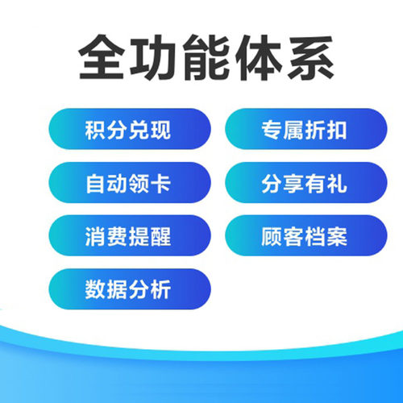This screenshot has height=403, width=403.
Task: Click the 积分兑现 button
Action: click(x=128, y=131)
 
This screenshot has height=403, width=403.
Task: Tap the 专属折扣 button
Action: click(x=304, y=131)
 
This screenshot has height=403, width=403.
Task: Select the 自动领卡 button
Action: click(x=128, y=184)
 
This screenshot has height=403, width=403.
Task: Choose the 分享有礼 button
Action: click(x=304, y=184)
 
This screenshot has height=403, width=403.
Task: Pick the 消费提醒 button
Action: click(x=128, y=237)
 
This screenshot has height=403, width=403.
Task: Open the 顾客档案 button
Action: click(x=304, y=237)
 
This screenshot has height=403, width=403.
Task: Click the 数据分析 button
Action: click(x=128, y=290)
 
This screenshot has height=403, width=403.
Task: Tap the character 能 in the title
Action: click(x=207, y=57)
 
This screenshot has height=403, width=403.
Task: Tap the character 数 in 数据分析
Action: click(x=95, y=290)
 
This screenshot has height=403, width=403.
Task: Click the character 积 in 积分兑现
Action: click(x=95, y=131)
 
